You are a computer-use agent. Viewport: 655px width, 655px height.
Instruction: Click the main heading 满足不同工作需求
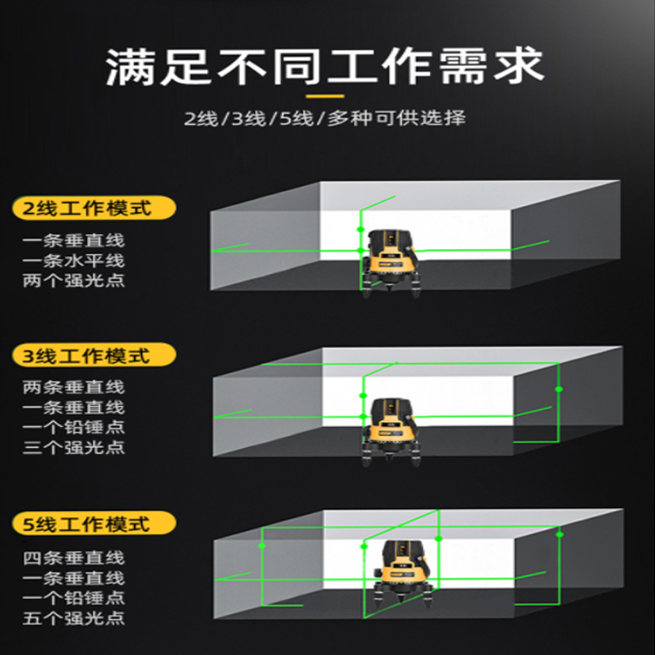pos(325,67)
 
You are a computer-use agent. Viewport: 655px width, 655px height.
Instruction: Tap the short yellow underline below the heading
pos(325,96)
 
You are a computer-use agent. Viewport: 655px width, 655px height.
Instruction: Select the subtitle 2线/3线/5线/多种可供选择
pos(325,118)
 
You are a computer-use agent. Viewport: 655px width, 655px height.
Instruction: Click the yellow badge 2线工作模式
pos(94,208)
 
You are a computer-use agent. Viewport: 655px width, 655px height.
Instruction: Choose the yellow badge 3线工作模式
pos(94,355)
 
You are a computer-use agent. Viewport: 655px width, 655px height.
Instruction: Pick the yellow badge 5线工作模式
pos(94,523)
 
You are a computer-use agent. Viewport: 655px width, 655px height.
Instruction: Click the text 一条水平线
pos(73,260)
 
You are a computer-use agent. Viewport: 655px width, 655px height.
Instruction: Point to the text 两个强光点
pos(73,280)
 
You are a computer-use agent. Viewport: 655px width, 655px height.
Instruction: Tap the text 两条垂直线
pos(73,387)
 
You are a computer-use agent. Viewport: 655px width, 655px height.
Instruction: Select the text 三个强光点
pos(73,447)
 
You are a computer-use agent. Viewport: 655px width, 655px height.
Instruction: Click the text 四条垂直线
pos(73,558)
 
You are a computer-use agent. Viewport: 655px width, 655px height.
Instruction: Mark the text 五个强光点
pos(73,618)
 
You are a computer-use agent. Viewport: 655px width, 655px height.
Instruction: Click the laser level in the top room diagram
pos(390,263)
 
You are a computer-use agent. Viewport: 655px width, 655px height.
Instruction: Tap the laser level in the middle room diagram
pos(390,431)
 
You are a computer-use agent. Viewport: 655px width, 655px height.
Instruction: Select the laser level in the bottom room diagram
pos(403,572)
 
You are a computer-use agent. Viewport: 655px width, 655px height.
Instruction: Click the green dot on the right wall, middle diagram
pos(559,390)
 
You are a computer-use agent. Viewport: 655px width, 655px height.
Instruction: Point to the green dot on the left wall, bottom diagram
pos(262,546)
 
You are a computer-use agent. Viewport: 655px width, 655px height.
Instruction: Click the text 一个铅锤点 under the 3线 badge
pos(73,427)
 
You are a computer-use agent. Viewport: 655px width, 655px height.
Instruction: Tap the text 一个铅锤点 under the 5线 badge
pos(73,597)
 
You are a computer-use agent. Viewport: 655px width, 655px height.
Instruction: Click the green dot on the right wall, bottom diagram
pos(560,534)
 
